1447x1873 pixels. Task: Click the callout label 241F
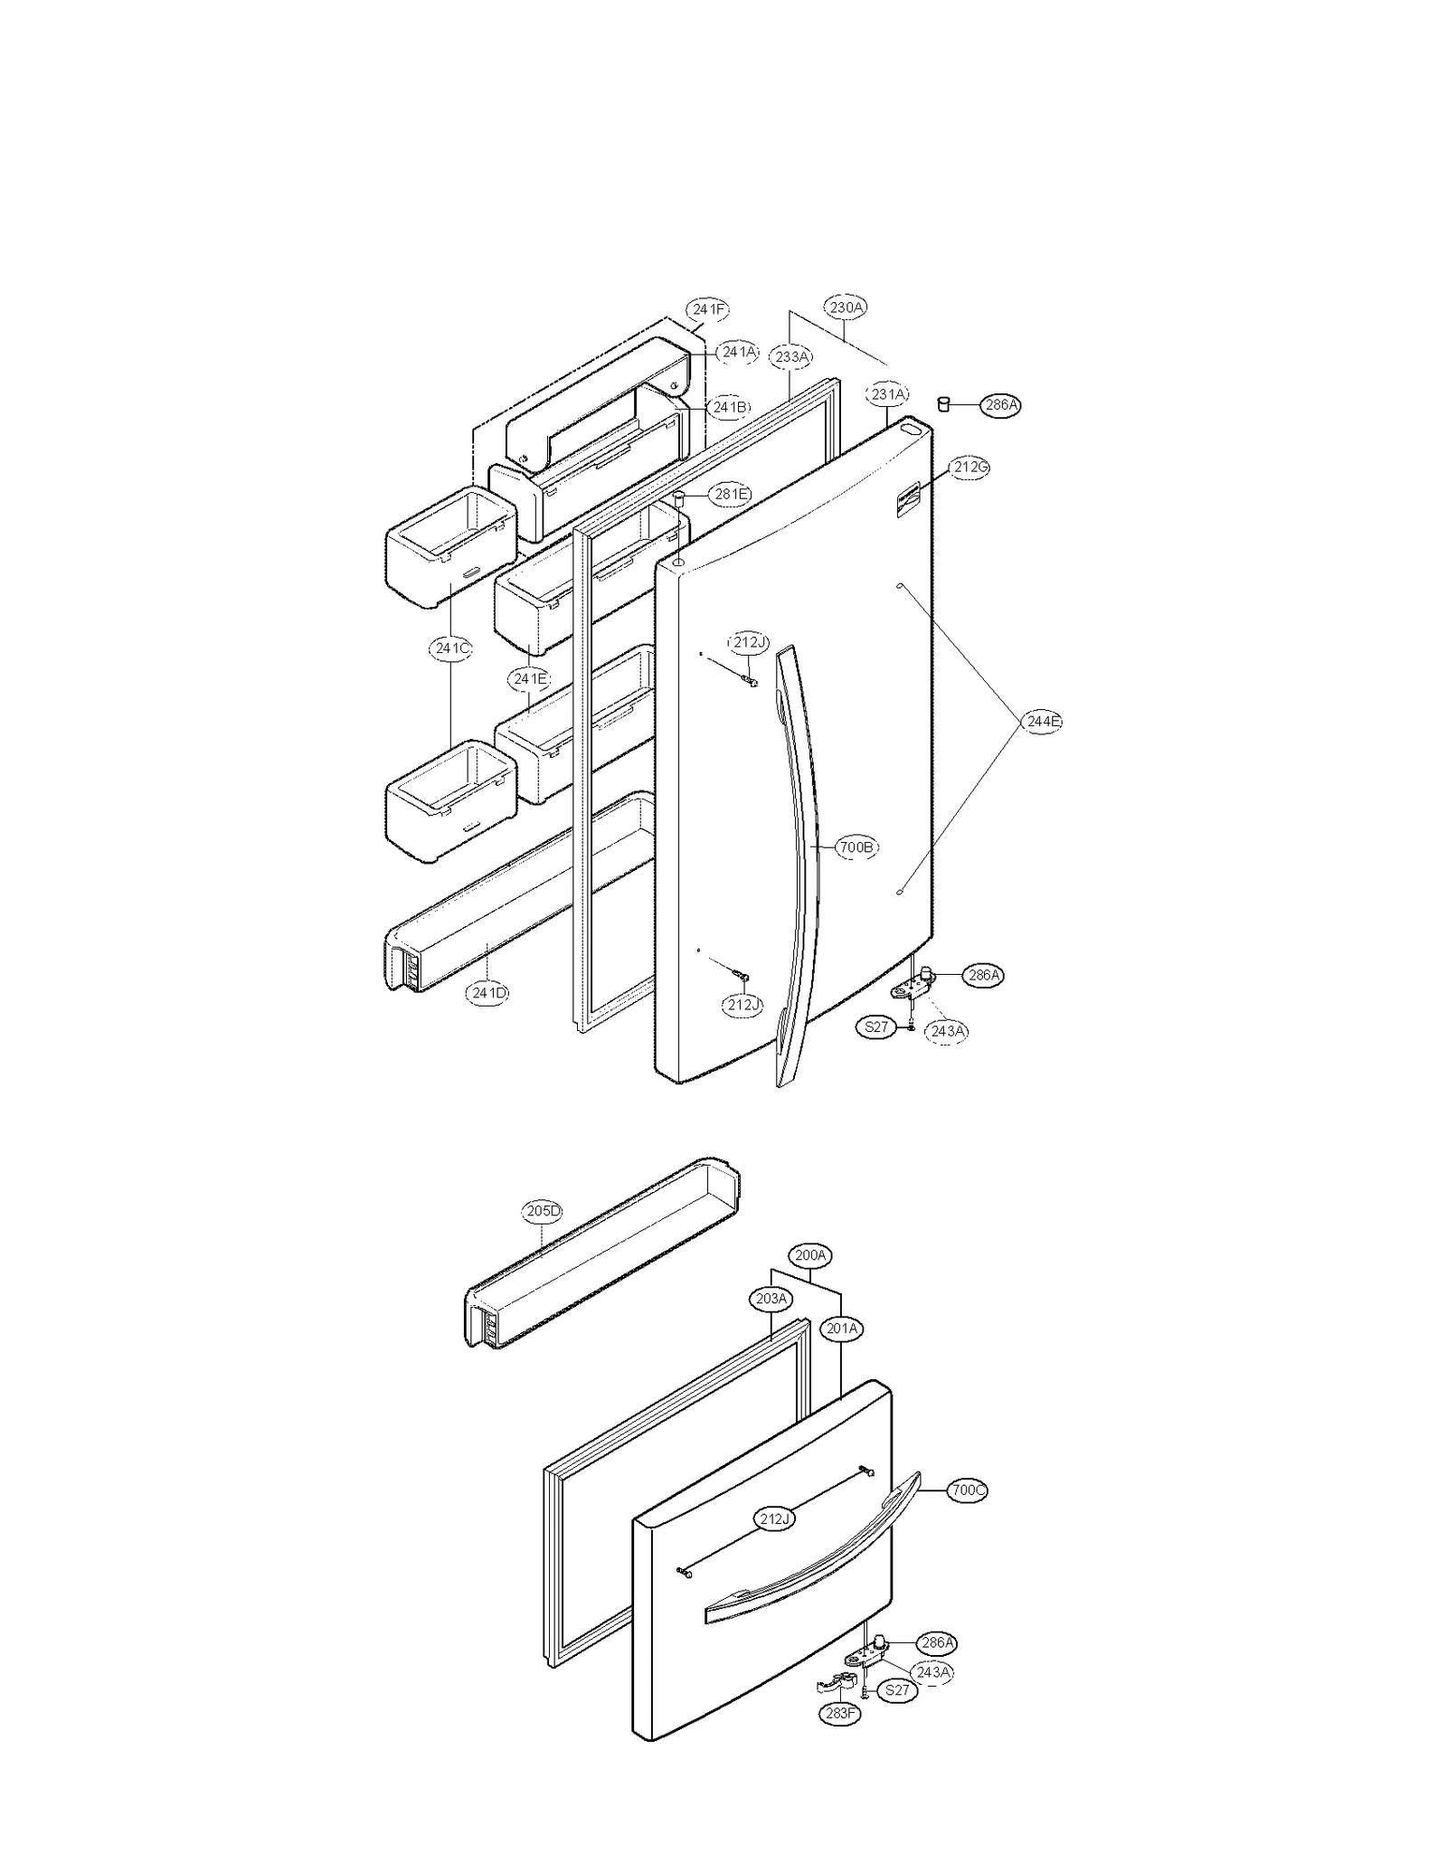[707, 309]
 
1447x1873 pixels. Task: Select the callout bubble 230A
[846, 307]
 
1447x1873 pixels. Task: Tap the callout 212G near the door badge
[969, 468]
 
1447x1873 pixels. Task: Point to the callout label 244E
[1042, 721]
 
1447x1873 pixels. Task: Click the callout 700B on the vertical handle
[856, 847]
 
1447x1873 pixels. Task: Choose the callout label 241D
[488, 992]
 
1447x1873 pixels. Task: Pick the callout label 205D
[542, 1211]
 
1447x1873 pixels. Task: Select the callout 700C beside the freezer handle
[968, 1490]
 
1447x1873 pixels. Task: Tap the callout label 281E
[731, 494]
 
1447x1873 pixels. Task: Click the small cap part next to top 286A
[942, 403]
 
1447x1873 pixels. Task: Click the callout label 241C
[450, 648]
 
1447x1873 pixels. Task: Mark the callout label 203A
[771, 1299]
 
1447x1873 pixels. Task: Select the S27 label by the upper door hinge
[876, 1027]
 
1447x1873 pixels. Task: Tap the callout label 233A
[791, 357]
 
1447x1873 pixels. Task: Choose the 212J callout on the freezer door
[774, 1519]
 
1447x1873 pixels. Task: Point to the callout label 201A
[842, 1329]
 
